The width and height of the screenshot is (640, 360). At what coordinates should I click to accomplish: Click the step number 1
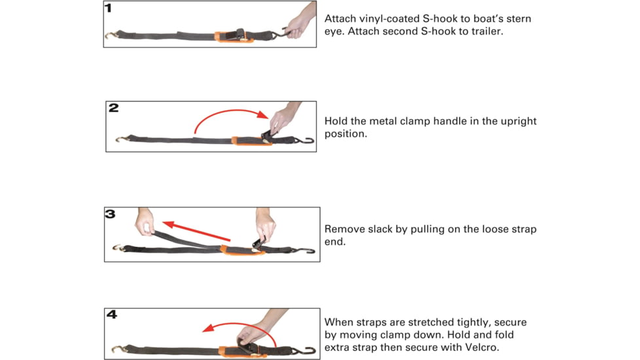coord(108,8)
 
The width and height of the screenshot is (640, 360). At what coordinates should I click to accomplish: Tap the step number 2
coord(113,108)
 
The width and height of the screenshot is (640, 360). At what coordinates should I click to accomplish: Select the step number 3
coord(110,214)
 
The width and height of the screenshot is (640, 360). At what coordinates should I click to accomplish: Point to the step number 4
coord(112,314)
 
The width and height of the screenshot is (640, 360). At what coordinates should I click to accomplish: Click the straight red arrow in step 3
coord(196,231)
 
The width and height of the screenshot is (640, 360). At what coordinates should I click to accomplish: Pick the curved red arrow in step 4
coord(241,325)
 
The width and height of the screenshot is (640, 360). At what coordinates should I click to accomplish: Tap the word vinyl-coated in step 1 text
coord(389,19)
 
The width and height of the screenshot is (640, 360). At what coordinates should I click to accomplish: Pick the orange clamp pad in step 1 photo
coord(234,37)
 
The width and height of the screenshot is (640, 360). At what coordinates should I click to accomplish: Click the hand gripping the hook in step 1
coord(302,22)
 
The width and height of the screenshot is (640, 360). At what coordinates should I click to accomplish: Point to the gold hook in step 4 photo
coord(118,349)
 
